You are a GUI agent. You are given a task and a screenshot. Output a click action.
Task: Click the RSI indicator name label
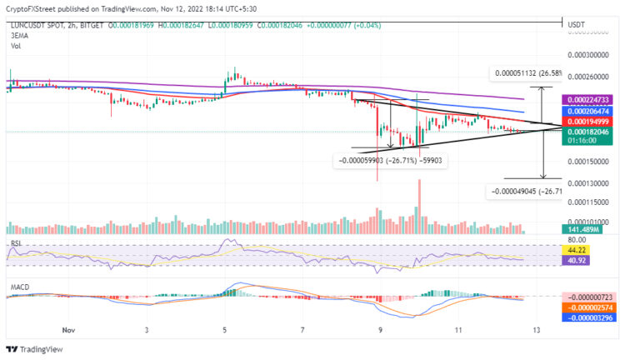15,242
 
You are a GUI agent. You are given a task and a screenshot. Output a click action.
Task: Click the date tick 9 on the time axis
380,330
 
